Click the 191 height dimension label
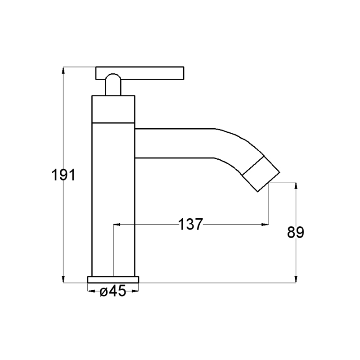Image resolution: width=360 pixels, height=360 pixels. [x=63, y=175]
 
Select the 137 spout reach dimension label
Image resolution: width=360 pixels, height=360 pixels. [x=190, y=224]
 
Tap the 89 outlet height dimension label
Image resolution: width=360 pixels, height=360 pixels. [x=296, y=232]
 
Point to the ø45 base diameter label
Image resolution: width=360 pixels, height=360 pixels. [x=113, y=291]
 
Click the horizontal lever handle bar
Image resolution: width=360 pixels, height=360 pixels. [x=140, y=73]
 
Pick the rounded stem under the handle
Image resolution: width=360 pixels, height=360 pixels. [x=113, y=85]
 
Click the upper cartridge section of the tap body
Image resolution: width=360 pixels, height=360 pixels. [x=113, y=109]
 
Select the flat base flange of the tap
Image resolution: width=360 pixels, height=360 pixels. [x=113, y=279]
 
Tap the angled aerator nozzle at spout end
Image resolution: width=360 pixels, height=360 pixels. [x=261, y=174]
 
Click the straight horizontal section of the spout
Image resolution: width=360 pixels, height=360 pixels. [x=175, y=143]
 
